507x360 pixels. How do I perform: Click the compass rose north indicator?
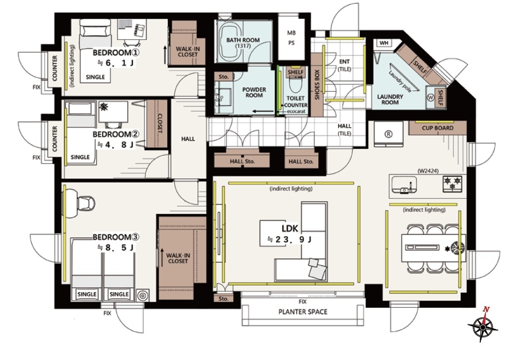[485, 309]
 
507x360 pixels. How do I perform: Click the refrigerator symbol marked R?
[388, 134]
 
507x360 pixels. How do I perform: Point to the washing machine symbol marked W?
[430, 98]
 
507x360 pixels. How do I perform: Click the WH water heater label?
[384, 43]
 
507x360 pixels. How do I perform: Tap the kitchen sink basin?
[403, 185]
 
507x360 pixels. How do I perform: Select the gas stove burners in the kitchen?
[453, 183]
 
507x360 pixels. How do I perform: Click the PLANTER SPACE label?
[303, 312]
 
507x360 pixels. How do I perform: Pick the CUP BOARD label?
[438, 128]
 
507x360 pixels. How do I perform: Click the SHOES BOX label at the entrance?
[317, 85]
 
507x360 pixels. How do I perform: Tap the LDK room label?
[289, 229]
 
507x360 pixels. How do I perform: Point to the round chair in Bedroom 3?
[86, 203]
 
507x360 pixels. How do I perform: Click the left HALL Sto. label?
[242, 162]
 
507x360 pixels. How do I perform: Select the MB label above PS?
[292, 33]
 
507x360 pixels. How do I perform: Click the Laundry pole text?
[400, 81]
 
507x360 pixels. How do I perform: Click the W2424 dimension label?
[428, 171]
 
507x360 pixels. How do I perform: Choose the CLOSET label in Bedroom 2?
[160, 123]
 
